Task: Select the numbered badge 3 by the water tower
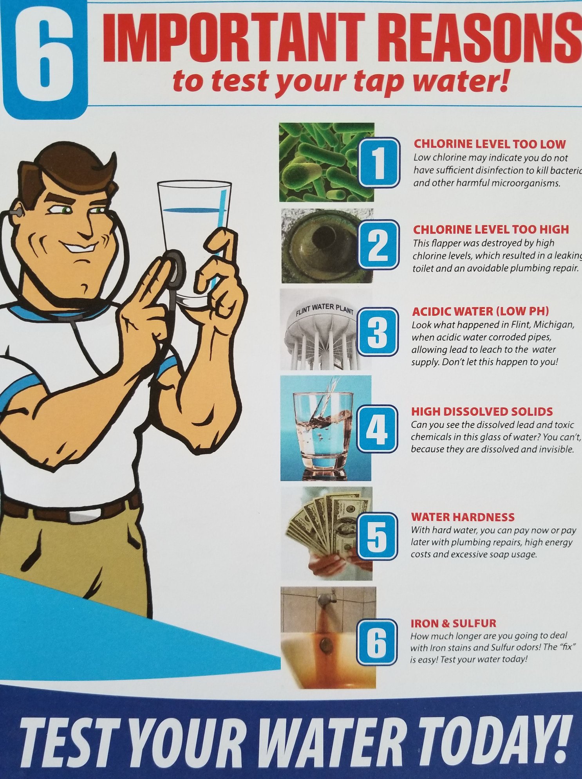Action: click(378, 332)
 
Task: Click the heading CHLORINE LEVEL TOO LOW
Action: click(490, 144)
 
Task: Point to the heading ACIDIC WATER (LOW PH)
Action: click(480, 312)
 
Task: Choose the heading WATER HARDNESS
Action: click(463, 517)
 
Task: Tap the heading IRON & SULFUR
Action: click(453, 623)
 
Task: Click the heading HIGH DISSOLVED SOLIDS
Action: click(482, 411)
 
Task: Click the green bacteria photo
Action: click(327, 162)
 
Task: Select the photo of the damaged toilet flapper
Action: click(327, 246)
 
